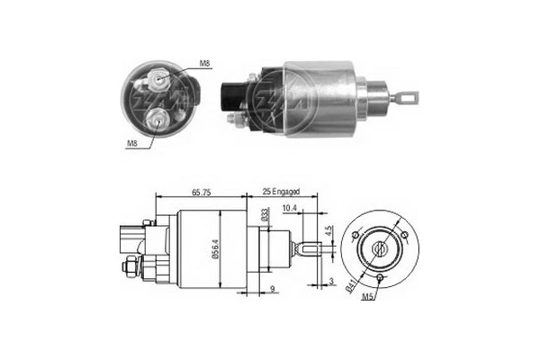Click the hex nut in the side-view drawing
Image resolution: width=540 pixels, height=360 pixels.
tap(130, 266)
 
